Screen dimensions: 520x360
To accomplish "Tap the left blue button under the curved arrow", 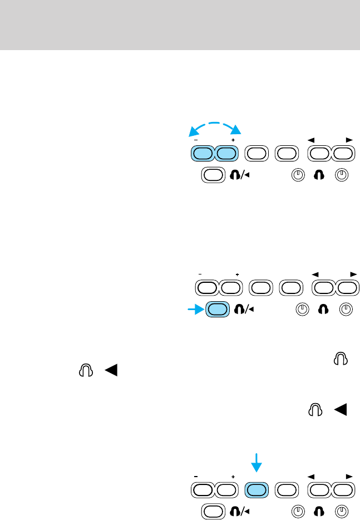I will click(x=203, y=153).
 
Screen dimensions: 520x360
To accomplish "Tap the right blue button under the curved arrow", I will click(x=226, y=153).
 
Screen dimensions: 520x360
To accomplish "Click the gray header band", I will click(x=180, y=25).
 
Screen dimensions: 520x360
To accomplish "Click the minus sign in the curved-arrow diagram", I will click(x=196, y=141).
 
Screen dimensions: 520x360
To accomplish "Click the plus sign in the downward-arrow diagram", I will click(x=234, y=477).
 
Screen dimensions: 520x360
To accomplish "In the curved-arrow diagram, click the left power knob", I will click(x=298, y=175).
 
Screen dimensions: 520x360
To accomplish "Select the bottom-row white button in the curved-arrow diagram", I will click(x=213, y=175).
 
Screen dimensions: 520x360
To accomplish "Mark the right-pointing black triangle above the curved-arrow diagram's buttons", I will click(x=349, y=139).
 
